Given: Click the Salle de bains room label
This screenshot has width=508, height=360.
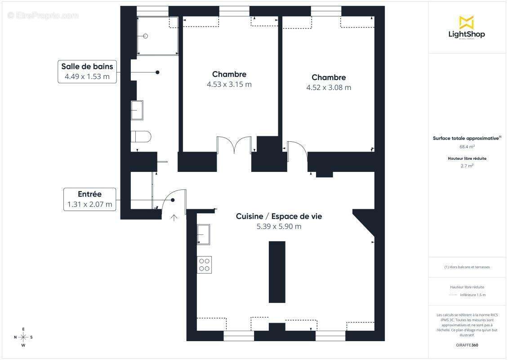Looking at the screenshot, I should [x=87, y=67].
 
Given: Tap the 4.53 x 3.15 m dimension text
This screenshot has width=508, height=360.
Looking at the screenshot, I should [x=229, y=84].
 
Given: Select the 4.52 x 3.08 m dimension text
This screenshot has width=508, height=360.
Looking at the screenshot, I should [x=329, y=88].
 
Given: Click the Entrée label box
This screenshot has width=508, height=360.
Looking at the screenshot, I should [x=89, y=199].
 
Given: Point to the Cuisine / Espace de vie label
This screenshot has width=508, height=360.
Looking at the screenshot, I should [x=279, y=216].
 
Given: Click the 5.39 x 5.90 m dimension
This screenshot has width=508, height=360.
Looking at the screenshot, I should [x=279, y=227].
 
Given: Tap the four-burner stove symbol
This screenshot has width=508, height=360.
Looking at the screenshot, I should [x=204, y=265].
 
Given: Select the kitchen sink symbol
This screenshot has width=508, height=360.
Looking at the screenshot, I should [x=204, y=234].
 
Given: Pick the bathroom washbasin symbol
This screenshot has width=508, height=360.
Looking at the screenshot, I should [x=137, y=110].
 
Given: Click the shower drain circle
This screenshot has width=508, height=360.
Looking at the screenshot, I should [x=145, y=36].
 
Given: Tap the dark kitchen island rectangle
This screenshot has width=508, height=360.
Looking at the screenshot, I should [x=277, y=272].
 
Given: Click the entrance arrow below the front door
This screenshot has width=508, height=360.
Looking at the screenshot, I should [x=174, y=218].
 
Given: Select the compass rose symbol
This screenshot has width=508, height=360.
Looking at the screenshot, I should [x=23, y=337].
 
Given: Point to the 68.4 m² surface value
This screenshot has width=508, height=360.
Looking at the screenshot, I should [x=467, y=147].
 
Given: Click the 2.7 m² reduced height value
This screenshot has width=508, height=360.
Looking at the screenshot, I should [x=467, y=166].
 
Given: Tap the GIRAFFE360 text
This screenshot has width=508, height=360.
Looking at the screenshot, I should [x=467, y=345].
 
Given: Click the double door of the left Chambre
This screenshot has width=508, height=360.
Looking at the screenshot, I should [x=233, y=145].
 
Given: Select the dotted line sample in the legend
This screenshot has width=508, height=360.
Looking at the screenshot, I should [x=453, y=295].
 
